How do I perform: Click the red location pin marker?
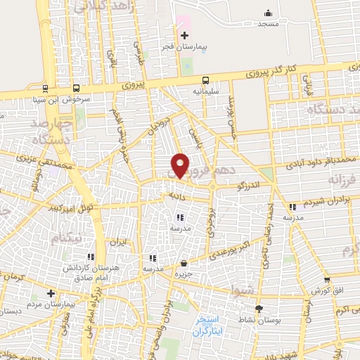click(x=180, y=165)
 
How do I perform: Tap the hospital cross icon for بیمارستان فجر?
click(x=184, y=35)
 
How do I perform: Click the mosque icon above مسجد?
click(x=267, y=13)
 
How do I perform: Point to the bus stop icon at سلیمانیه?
click(x=205, y=80)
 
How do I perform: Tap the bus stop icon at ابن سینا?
click(x=76, y=89)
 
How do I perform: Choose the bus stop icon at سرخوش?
click(x=46, y=89)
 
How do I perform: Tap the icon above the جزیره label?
click(x=184, y=263)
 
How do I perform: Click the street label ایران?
click(x=116, y=241)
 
